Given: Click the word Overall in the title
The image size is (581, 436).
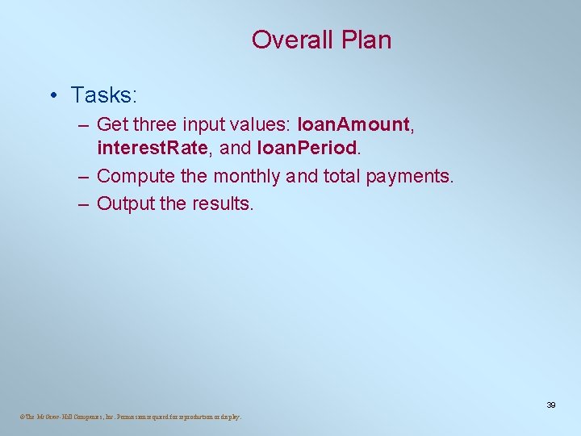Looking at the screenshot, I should pyautogui.click(x=286, y=40).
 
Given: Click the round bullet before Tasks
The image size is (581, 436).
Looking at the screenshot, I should pyautogui.click(x=52, y=96).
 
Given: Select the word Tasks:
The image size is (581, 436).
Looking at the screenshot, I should pyautogui.click(x=104, y=95).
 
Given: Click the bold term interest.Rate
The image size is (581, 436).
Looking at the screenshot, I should pyautogui.click(x=155, y=148).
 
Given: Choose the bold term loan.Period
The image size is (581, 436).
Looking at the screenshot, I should pyautogui.click(x=306, y=148).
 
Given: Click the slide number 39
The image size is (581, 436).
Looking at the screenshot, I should pyautogui.click(x=550, y=405).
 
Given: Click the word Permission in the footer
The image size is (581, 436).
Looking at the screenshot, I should pyautogui.click(x=136, y=417).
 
